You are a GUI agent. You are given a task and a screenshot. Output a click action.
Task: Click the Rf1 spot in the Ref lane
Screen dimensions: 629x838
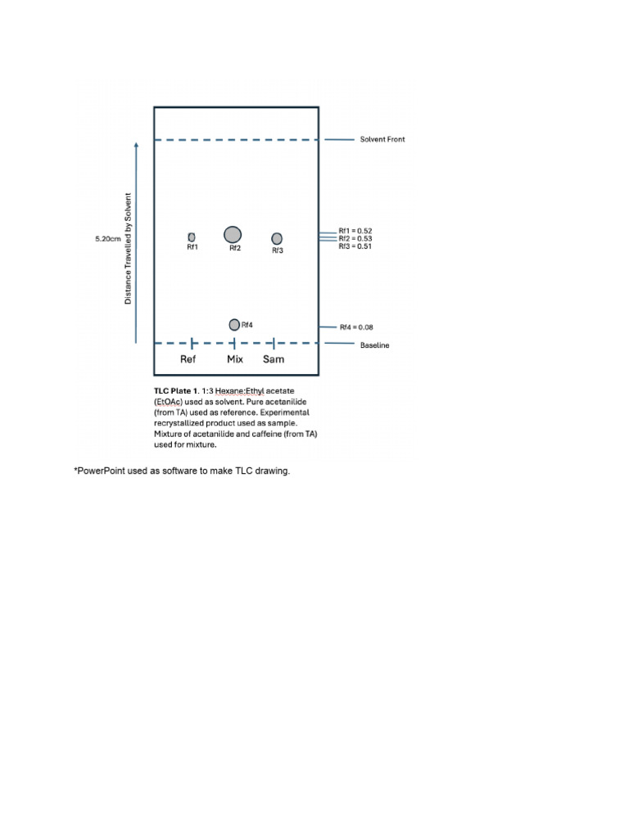tap(192, 237)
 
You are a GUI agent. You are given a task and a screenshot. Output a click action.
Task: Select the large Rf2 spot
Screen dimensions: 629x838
tap(233, 235)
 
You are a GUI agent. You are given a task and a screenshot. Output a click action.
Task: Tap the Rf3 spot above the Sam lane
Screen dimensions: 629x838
tap(277, 238)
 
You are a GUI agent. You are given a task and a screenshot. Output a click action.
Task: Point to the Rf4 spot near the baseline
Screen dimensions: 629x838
tap(234, 325)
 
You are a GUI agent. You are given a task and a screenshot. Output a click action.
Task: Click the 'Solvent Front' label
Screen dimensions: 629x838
tap(382, 139)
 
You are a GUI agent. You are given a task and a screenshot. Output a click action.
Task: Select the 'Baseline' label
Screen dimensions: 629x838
tap(374, 345)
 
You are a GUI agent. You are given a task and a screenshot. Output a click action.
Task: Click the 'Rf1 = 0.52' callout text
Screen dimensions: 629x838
tap(355, 231)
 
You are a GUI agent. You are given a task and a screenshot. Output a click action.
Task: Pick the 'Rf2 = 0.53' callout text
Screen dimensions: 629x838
tap(355, 238)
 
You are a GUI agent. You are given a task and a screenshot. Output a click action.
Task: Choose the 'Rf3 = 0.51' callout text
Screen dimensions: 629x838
tap(355, 246)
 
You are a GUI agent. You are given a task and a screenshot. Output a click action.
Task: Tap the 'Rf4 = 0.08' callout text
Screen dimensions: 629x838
tap(358, 327)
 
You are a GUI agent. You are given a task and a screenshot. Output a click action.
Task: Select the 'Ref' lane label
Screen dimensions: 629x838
tap(188, 359)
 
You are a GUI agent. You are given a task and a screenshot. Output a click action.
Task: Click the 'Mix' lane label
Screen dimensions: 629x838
tap(234, 359)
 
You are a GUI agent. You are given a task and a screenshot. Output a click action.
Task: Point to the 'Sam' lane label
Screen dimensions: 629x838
tap(274, 359)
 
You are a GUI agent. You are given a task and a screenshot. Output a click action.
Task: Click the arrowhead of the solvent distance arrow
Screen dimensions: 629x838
tap(136, 143)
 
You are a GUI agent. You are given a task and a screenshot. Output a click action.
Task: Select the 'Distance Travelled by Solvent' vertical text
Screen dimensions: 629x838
tap(128, 249)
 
